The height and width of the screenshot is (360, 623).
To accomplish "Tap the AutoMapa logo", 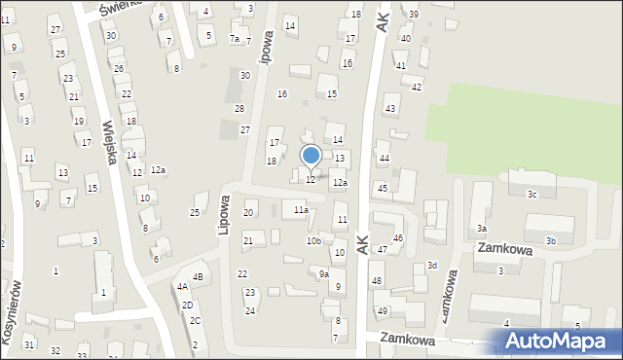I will point(558,342).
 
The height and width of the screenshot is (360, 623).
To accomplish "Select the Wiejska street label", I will point(110,141).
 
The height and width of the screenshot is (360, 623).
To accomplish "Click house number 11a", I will point(301,209).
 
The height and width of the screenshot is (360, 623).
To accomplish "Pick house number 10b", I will point(313,240).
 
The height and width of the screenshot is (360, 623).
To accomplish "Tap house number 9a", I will point(324,274).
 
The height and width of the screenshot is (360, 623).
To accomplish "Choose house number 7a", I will point(234,39).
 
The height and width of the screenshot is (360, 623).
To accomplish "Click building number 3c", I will point(532,195).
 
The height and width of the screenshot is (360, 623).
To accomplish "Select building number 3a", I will point(482,229).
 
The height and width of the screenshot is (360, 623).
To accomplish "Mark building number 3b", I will point(551,240).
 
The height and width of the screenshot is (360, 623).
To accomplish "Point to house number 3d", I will point(432,266).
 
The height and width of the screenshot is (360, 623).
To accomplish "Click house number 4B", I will point(198,277).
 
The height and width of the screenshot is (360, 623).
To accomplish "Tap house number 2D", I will point(187,305).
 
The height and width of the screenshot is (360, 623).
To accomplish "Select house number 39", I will point(414,14).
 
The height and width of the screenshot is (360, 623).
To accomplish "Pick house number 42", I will point(417,88).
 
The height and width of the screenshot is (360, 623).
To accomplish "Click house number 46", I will point(398,237).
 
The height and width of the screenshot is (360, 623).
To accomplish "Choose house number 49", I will point(383,311).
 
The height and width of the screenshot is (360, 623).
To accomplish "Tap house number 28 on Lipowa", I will point(239,108).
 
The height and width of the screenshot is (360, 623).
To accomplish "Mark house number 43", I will point(390,108).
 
